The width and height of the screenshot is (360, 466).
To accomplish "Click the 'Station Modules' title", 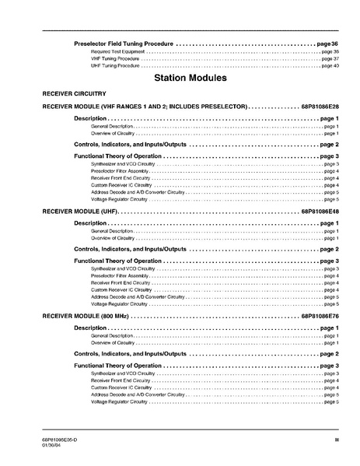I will click(x=190, y=78).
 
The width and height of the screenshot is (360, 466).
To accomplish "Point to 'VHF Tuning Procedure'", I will click(x=115, y=58).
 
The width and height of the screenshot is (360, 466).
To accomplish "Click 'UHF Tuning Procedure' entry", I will click(x=115, y=65).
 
